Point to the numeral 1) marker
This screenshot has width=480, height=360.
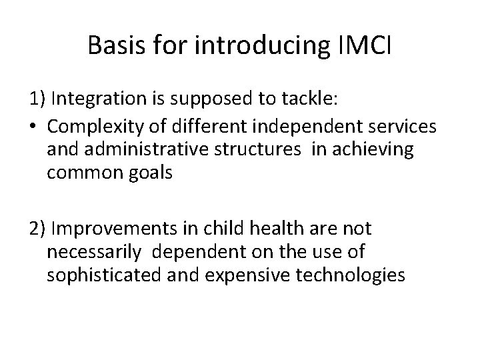pyautogui.click(x=37, y=100)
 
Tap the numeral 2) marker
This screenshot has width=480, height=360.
pyautogui.click(x=37, y=229)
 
